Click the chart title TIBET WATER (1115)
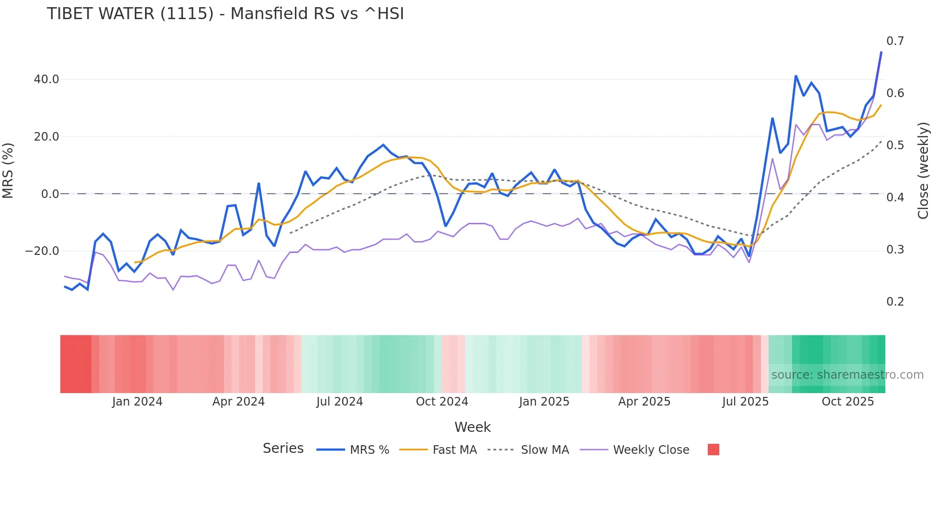pos(225,14)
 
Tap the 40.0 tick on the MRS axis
pos(46,79)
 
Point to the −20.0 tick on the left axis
pos(42,251)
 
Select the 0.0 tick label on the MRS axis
pos(50,194)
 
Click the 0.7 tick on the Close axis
pos(895,41)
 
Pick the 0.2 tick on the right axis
pos(895,302)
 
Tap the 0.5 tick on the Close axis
pos(895,145)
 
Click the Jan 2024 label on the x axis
pos(137,402)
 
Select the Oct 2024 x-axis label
pos(442,402)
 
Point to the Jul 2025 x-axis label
pos(745,402)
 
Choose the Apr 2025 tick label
pos(644,402)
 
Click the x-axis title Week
pos(472,427)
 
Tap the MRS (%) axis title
pos(8,171)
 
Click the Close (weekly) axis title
pos(923,171)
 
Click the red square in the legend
pos(713,450)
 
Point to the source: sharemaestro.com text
pos(847,375)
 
